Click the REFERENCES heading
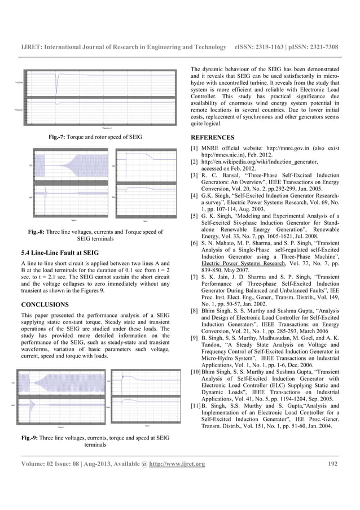coord(213,137)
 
